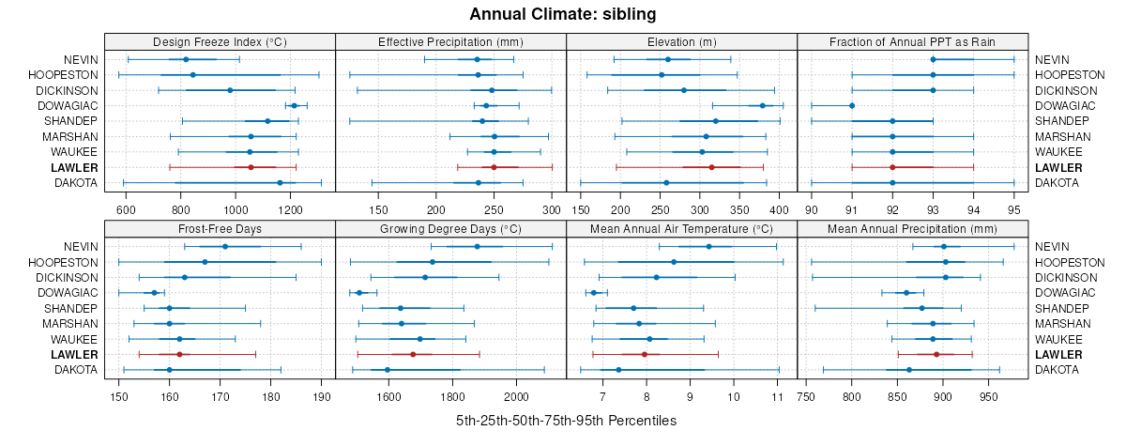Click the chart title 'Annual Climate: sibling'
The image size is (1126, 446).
click(563, 14)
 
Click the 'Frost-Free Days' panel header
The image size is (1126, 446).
click(220, 229)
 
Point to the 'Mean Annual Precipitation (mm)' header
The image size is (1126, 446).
click(913, 229)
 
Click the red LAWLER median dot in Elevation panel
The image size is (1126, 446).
click(712, 167)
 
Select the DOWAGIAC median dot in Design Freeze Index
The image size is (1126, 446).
click(294, 106)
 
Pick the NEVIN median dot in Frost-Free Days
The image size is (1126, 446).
click(224, 247)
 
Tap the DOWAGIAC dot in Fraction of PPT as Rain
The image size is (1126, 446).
click(852, 106)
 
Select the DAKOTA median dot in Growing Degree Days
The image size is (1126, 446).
click(388, 370)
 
